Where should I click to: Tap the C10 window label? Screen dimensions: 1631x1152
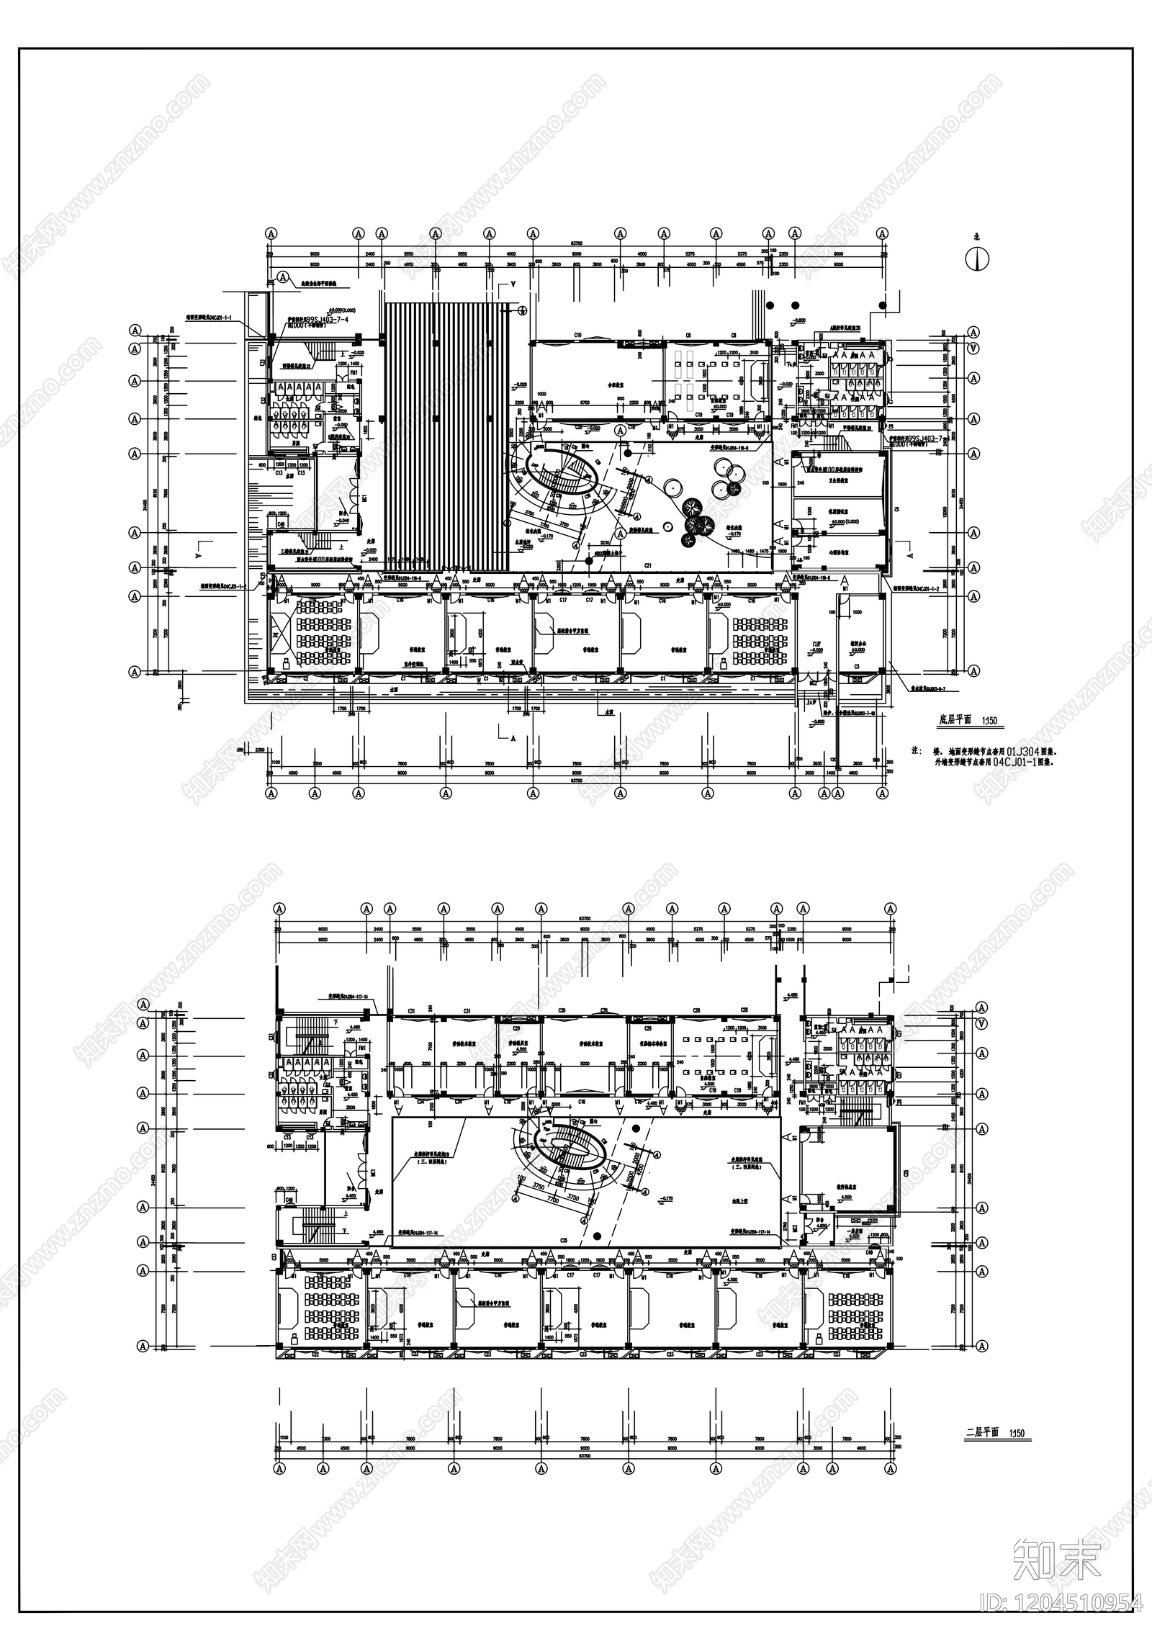coord(577,336)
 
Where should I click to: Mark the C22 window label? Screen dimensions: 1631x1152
coord(315,1354)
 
